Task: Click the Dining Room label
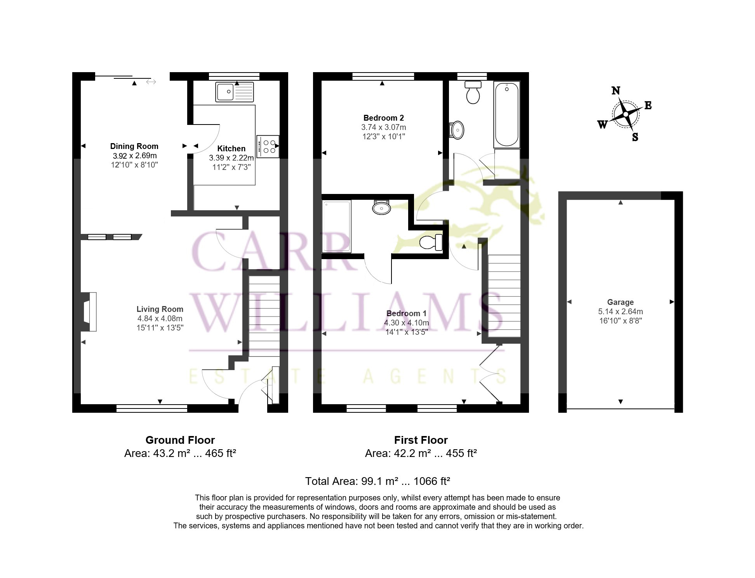pyautogui.click(x=134, y=146)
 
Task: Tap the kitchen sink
pyautogui.click(x=235, y=92)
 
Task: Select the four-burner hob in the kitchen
pyautogui.click(x=268, y=146)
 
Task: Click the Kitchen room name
pyautogui.click(x=231, y=149)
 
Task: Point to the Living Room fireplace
pyautogui.click(x=89, y=312)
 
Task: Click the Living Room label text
pyautogui.click(x=160, y=309)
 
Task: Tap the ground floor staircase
pyautogui.click(x=264, y=316)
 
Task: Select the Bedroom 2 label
pyautogui.click(x=383, y=118)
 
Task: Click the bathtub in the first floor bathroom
pyautogui.click(x=507, y=114)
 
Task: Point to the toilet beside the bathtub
pyautogui.click(x=473, y=92)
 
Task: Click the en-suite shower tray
pyautogui.click(x=337, y=227)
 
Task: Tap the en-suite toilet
pyautogui.click(x=431, y=243)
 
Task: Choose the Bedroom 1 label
pyautogui.click(x=406, y=313)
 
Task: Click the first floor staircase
pyautogui.click(x=504, y=296)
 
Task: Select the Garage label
pyautogui.click(x=620, y=302)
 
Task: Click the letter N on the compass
pyautogui.click(x=616, y=91)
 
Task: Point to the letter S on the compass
pyautogui.click(x=635, y=137)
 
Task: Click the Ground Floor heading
pyautogui.click(x=180, y=440)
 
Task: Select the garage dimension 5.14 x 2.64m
pyautogui.click(x=620, y=311)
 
